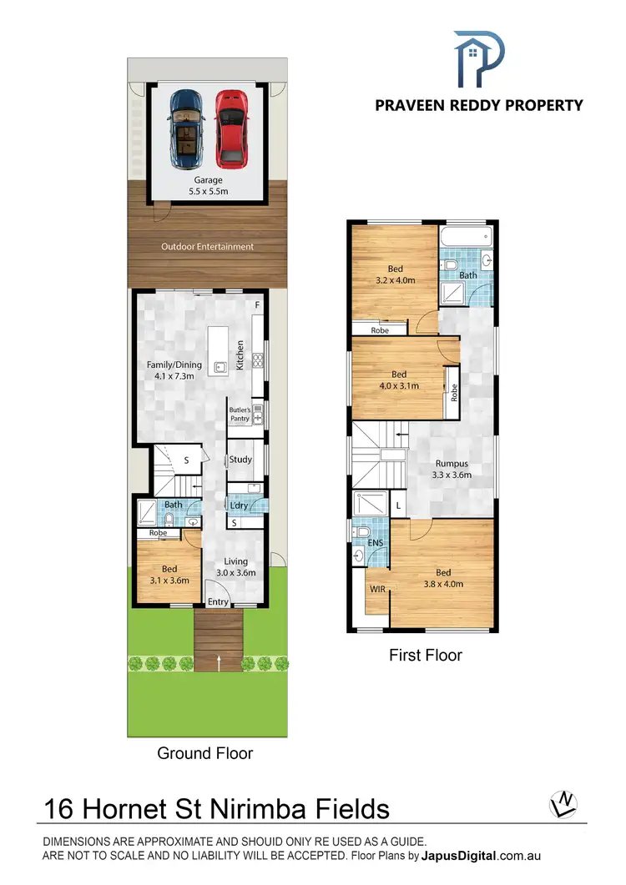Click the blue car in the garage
(185, 128)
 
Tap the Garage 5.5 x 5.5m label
(208, 185)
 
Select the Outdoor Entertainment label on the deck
(208, 247)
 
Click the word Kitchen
(240, 355)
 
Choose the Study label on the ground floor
(240, 460)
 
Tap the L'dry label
(237, 505)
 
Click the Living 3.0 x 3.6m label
(235, 567)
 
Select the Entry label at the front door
(218, 602)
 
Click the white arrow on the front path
(219, 663)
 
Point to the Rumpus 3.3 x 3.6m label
(452, 470)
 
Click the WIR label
(377, 589)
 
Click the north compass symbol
(564, 805)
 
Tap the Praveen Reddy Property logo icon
(478, 58)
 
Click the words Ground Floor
(205, 753)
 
